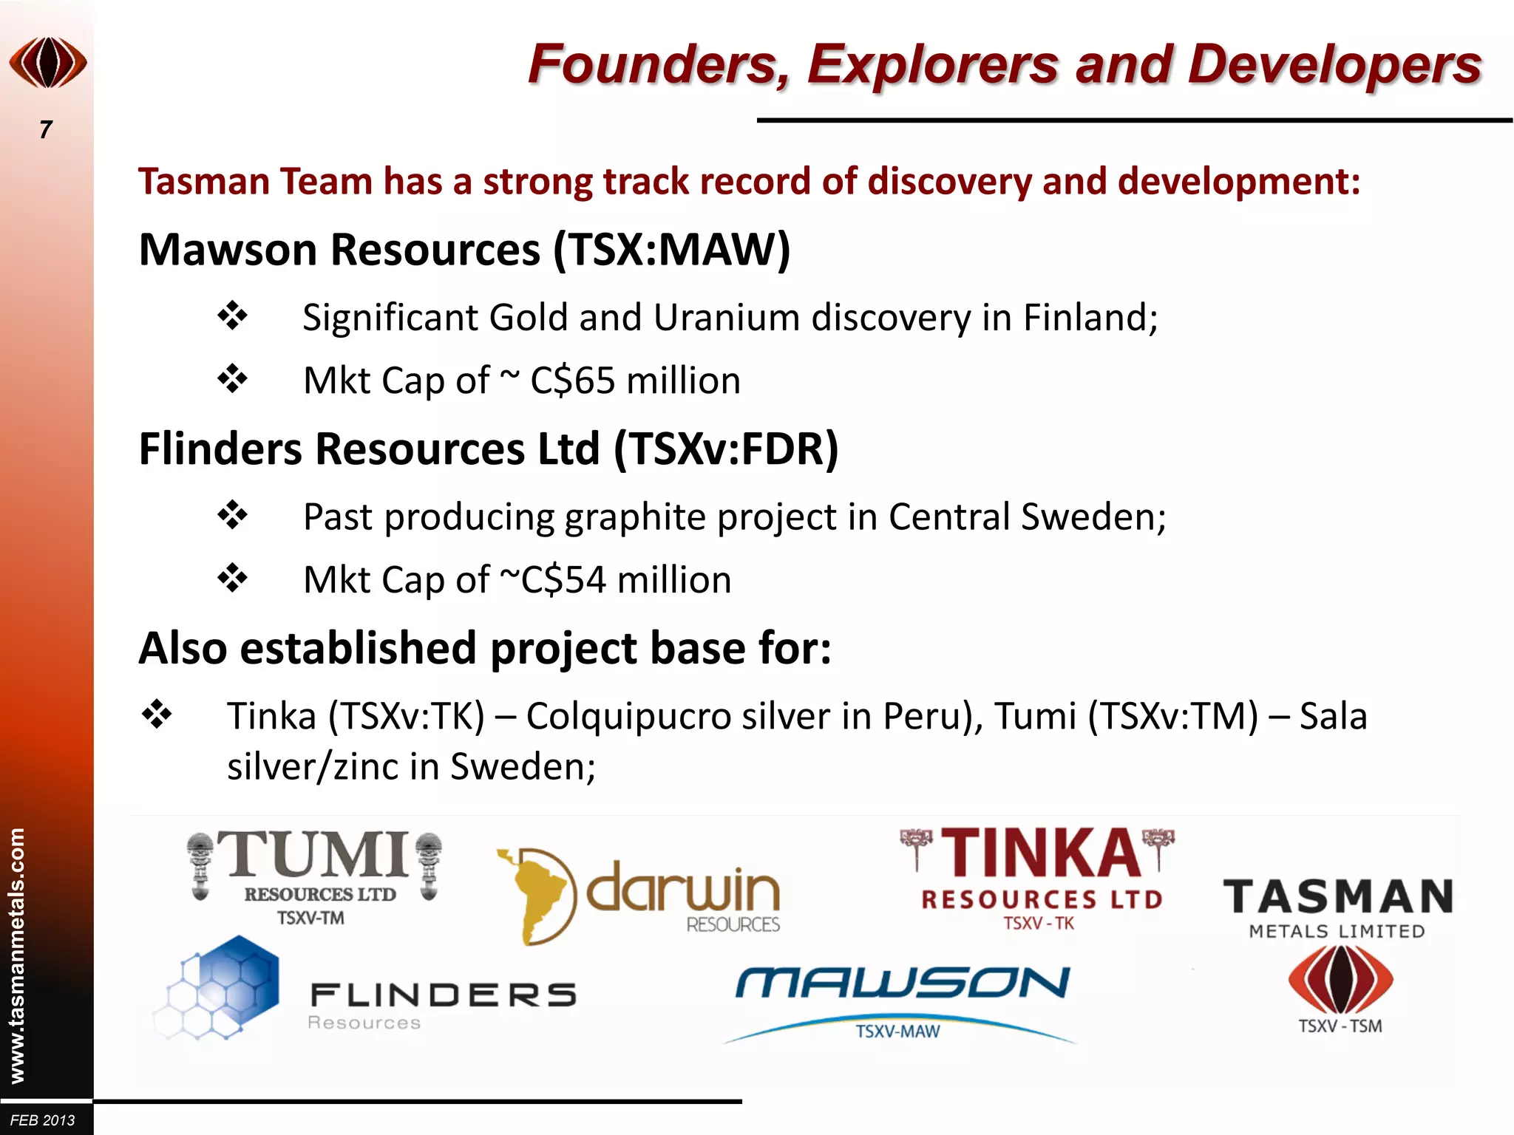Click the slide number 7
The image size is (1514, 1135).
tap(46, 130)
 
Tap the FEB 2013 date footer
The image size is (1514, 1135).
tap(43, 1120)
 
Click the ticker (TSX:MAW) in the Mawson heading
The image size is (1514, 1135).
tap(672, 250)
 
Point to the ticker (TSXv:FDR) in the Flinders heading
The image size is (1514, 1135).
tap(726, 449)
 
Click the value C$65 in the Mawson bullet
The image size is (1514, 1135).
tap(573, 381)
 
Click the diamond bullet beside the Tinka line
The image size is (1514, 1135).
tap(157, 715)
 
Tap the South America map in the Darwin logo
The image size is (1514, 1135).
tap(534, 896)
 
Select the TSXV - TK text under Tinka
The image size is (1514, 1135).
tap(1038, 924)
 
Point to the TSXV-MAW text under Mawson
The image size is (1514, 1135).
tap(897, 1032)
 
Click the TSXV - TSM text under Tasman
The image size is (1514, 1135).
tap(1340, 1026)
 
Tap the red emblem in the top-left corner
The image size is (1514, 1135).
tap(48, 63)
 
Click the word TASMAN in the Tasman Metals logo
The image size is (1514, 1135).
tap(1338, 897)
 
